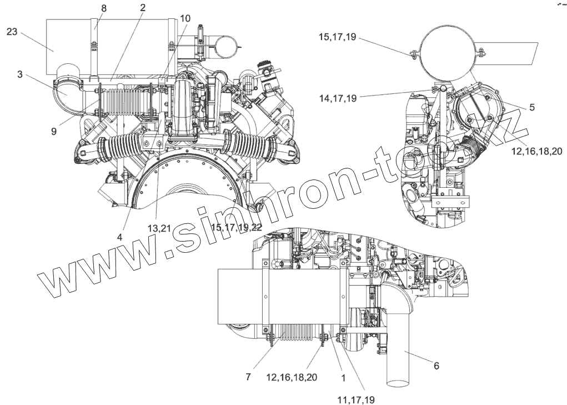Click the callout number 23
[12, 32]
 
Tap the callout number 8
[104, 8]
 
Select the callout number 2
[143, 8]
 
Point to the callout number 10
[185, 18]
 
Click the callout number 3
[20, 74]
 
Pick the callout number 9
[54, 132]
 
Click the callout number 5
[531, 107]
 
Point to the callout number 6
[436, 366]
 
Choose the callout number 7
[248, 377]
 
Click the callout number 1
[343, 378]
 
